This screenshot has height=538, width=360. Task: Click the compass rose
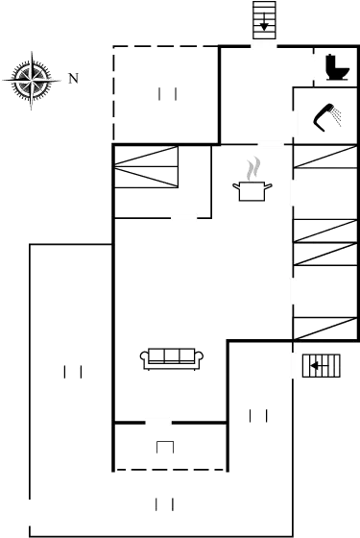31,79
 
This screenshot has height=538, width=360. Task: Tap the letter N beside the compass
73,79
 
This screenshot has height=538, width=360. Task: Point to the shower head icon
332,119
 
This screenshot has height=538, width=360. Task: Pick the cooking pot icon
252,190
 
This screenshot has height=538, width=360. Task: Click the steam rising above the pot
252,168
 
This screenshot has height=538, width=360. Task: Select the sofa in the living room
172,358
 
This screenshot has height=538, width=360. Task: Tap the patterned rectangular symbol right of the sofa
321,366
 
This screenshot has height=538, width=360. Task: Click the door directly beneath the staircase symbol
264,44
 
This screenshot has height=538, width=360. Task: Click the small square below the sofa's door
165,447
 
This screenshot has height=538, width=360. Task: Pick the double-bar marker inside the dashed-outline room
169,93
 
